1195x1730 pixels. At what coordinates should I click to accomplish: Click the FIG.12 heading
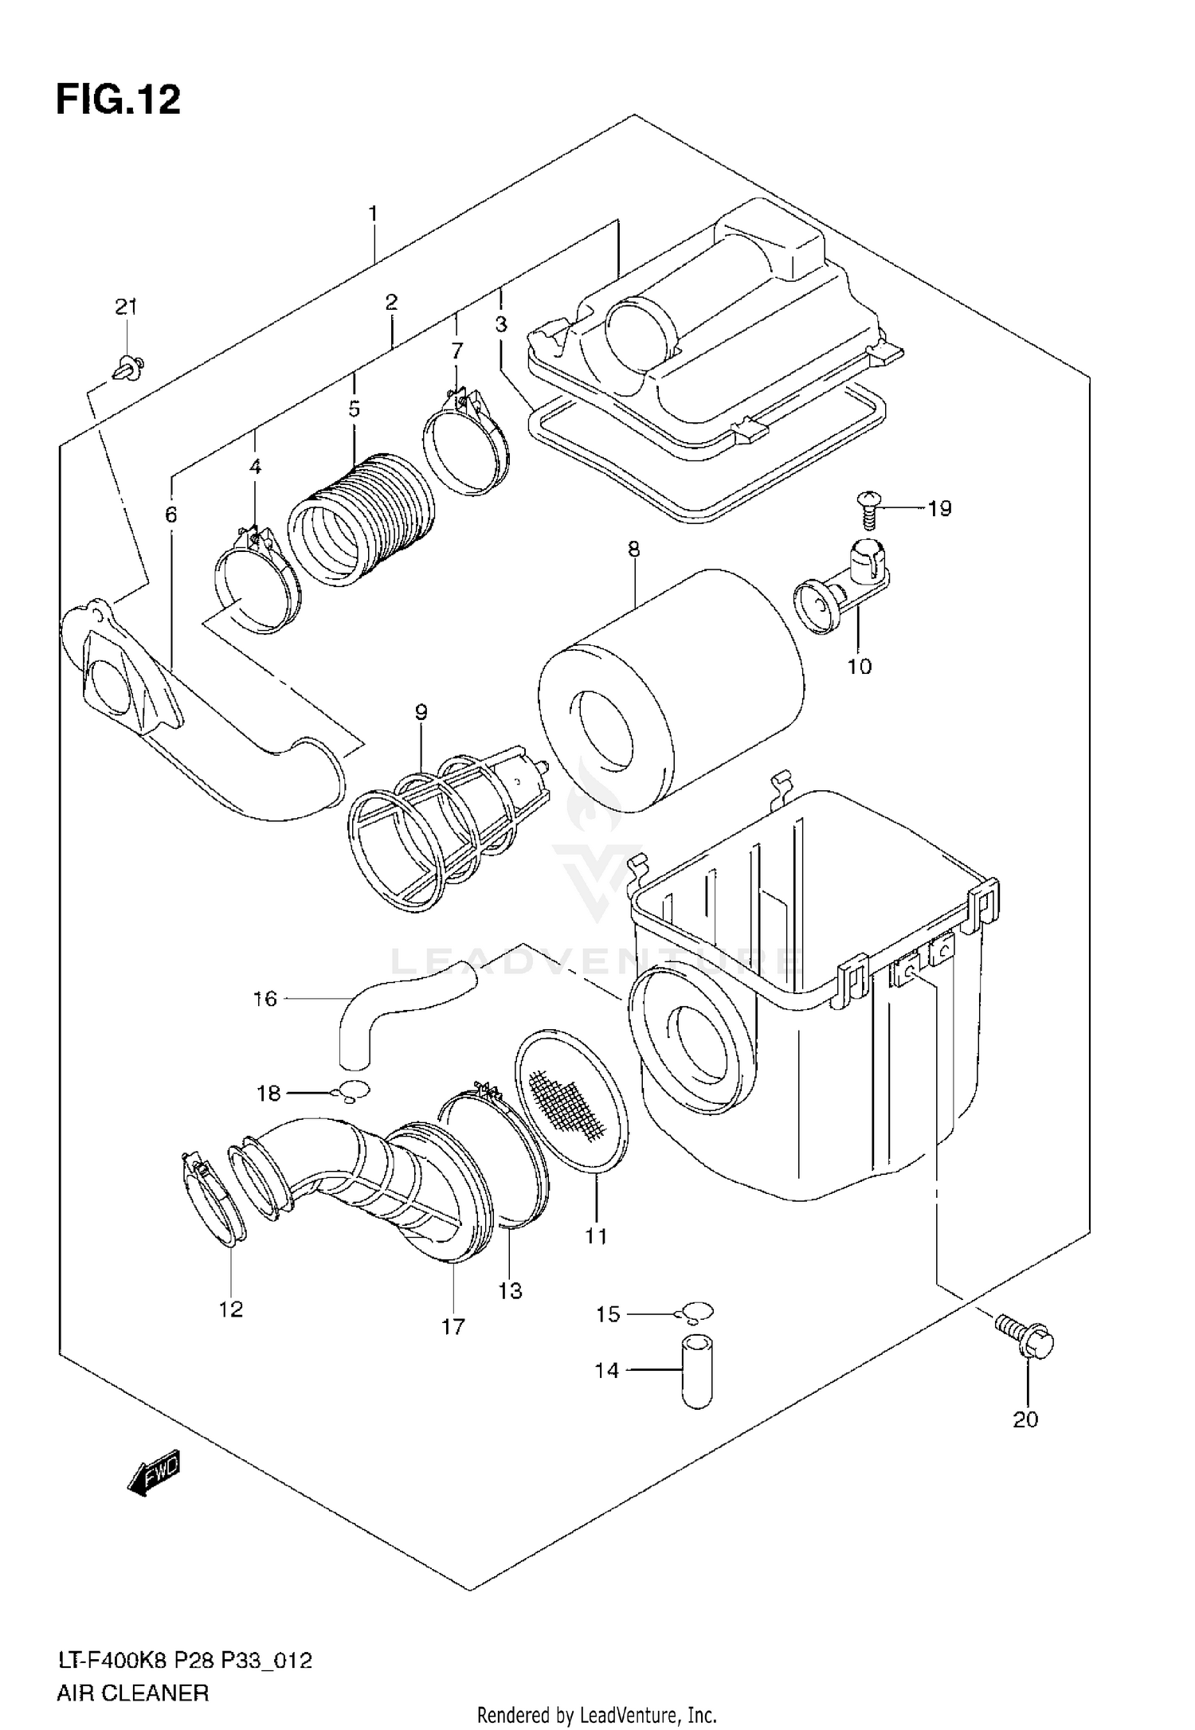(x=118, y=100)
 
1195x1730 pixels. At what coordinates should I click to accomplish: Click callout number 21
(x=126, y=307)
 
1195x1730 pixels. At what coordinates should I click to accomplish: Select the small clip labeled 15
(x=695, y=1312)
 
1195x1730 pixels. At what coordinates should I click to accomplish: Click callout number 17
(x=453, y=1327)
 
